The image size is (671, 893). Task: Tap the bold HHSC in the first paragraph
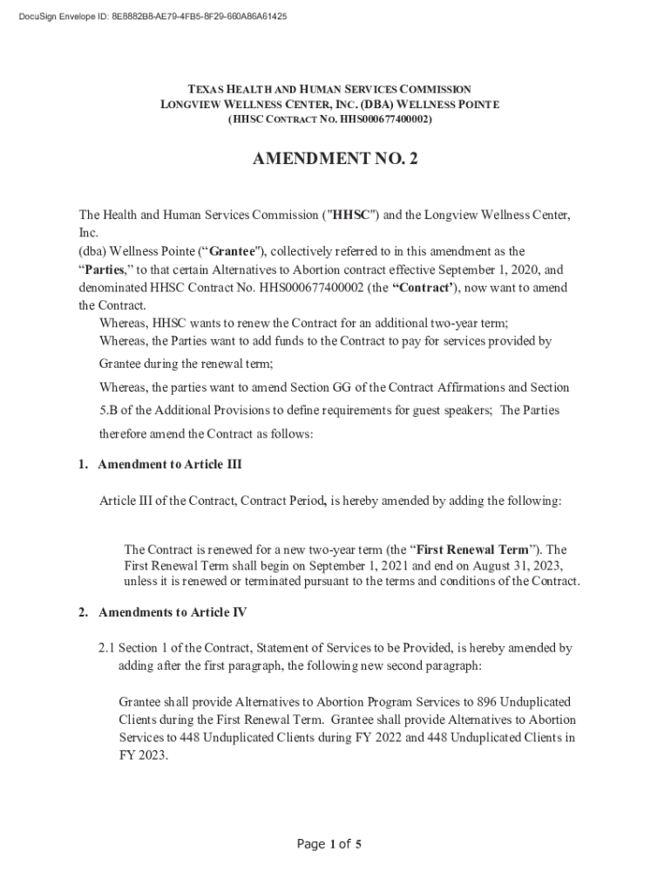349,215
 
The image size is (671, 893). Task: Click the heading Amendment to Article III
170,465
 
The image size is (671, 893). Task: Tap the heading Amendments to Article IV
173,612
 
